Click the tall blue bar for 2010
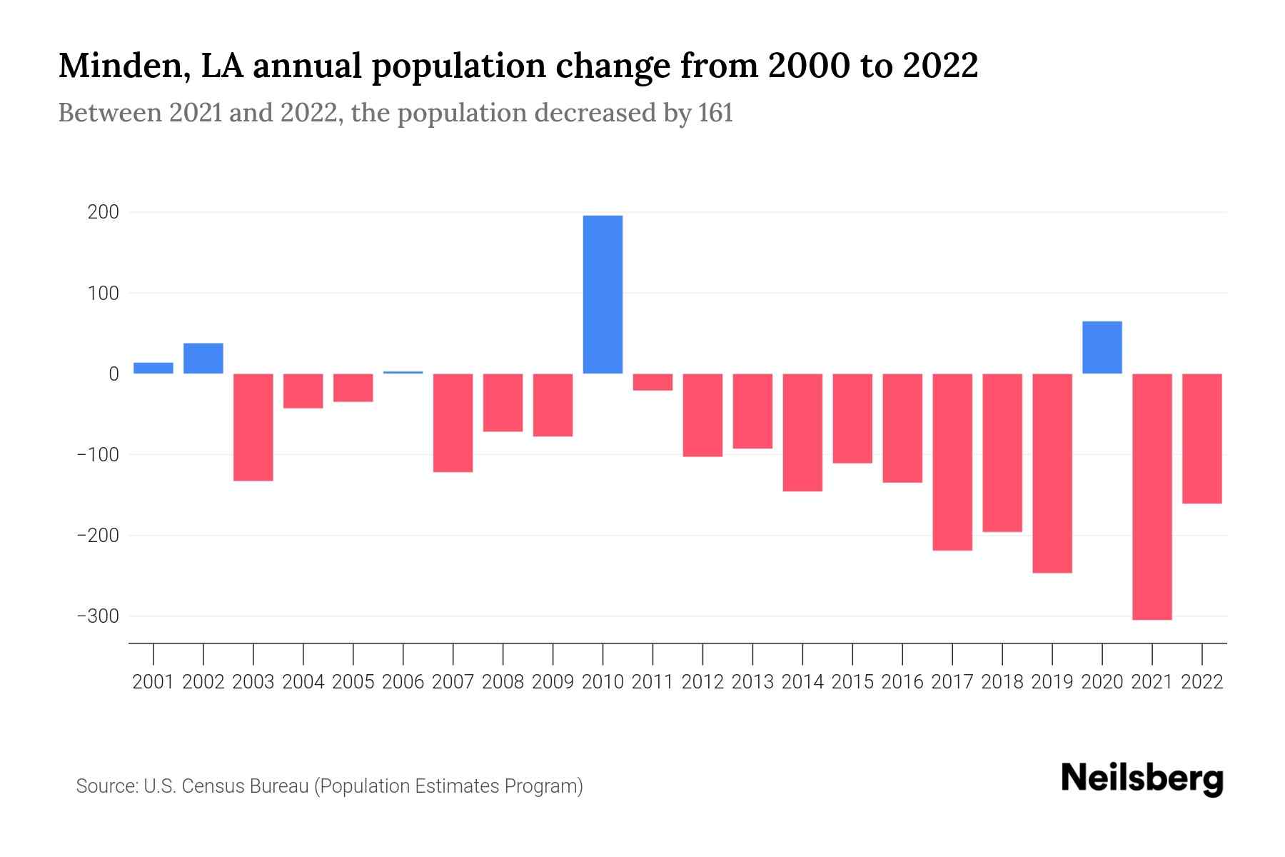[x=603, y=294]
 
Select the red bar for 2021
[x=1152, y=496]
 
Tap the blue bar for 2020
[x=1102, y=348]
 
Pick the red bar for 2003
[x=253, y=427]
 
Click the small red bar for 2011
[x=652, y=382]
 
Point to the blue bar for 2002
[x=203, y=359]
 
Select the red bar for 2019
[x=1052, y=473]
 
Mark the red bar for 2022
[x=1201, y=438]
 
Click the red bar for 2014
[x=802, y=432]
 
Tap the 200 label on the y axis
[x=104, y=213]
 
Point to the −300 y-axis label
[x=98, y=616]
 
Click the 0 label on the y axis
[x=114, y=374]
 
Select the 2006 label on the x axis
[x=403, y=682]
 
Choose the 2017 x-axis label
[x=952, y=682]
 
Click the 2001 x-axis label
[x=153, y=682]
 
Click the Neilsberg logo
[x=1142, y=778]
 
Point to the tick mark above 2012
[x=702, y=653]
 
